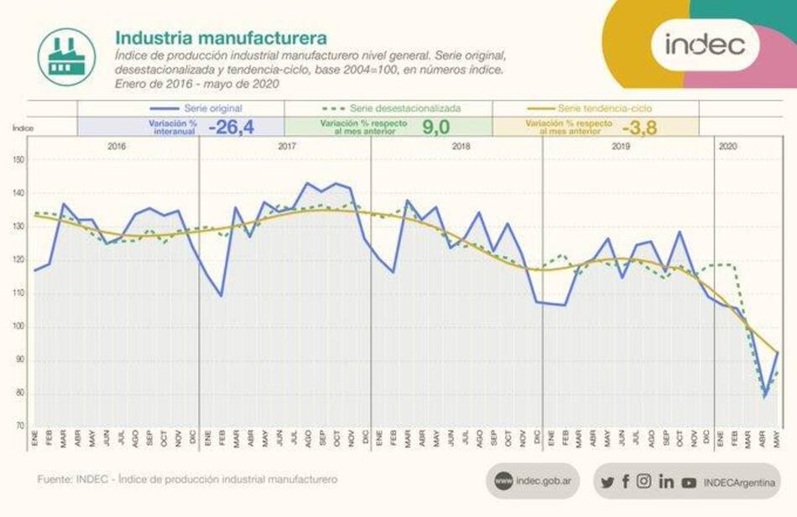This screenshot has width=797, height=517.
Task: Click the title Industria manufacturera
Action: click(221, 39)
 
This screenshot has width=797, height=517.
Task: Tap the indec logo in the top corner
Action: click(705, 44)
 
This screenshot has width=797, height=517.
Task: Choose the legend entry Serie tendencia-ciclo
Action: click(604, 108)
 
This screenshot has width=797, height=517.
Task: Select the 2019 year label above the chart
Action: click(620, 146)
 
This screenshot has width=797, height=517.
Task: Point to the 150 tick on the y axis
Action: click(19, 160)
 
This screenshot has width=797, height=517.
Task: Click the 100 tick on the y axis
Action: click(19, 326)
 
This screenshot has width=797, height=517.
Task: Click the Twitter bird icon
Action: click(607, 482)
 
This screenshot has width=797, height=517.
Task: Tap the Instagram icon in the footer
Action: click(643, 482)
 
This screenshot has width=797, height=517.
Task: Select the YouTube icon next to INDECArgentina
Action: click(689, 483)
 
